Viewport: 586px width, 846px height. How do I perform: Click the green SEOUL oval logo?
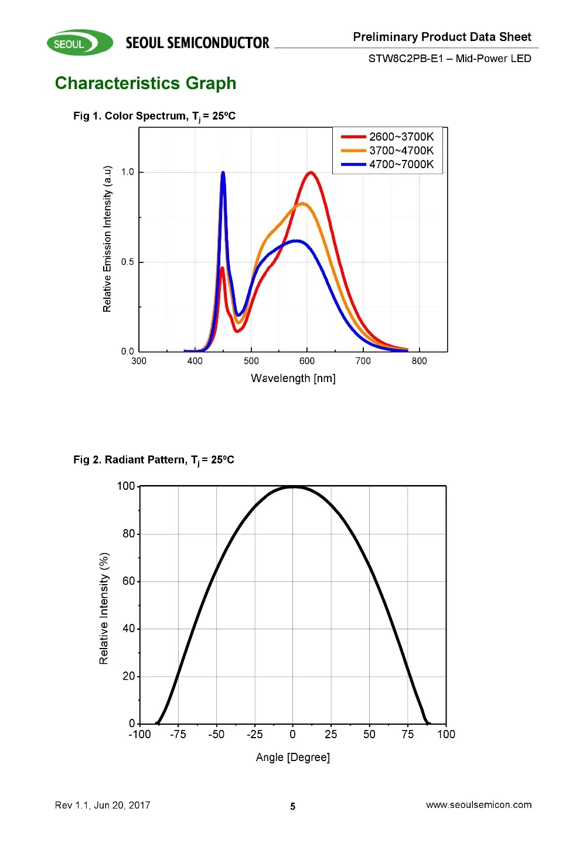[x=80, y=43]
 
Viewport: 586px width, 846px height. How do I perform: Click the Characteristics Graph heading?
[x=145, y=83]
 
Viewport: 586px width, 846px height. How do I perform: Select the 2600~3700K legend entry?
[x=387, y=137]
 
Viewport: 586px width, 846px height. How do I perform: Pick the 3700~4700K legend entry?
[x=387, y=151]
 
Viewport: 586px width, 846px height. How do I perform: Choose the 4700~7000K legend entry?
[x=387, y=165]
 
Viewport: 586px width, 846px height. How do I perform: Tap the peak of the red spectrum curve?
[x=311, y=172]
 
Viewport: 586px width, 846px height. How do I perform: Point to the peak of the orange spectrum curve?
[x=302, y=204]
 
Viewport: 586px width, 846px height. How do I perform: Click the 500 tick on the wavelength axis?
[x=251, y=361]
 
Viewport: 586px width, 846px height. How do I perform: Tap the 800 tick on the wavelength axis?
[x=419, y=361]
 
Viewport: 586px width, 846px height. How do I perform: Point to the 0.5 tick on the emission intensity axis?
[x=128, y=262]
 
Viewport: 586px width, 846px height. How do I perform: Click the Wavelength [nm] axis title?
[x=293, y=378]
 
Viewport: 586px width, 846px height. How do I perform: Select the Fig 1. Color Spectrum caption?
[x=154, y=116]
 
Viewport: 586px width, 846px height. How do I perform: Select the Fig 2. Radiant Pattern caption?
[x=154, y=460]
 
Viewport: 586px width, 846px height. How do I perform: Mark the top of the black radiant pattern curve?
[x=293, y=487]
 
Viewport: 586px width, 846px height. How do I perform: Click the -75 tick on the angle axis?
[x=178, y=734]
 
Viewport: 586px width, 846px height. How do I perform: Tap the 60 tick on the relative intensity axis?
[x=128, y=581]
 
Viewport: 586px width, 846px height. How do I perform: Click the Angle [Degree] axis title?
[x=293, y=758]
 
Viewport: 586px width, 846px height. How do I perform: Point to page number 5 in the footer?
[x=293, y=806]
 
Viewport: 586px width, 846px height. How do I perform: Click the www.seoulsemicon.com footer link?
[x=479, y=805]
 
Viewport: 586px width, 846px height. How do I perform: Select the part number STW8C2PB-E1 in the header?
[x=406, y=59]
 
